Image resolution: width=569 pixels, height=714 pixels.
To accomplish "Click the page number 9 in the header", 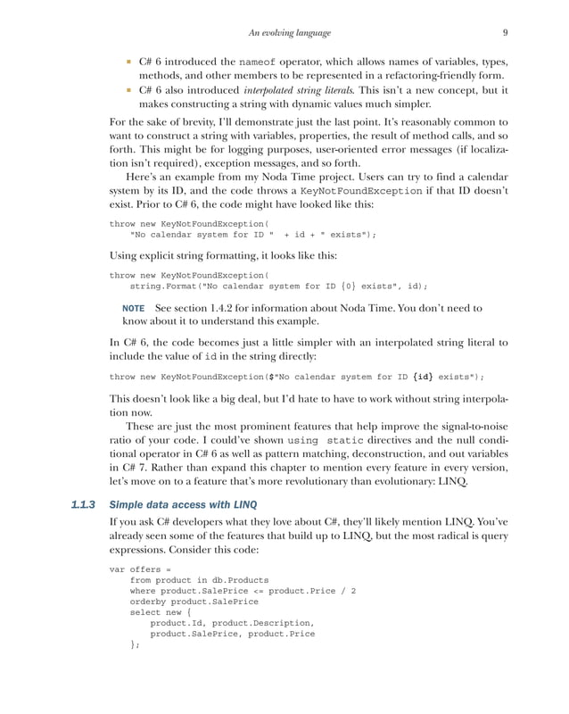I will point(505,33).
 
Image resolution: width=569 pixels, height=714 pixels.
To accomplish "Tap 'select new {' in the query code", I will point(161,613).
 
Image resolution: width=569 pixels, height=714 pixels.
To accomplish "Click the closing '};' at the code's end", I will point(135,646).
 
